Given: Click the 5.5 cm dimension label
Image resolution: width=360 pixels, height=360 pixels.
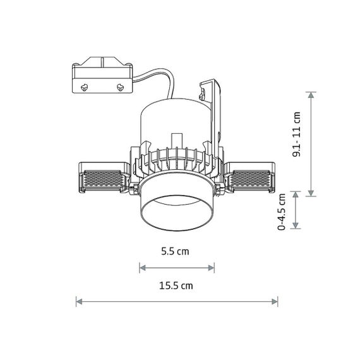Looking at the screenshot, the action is [175, 251].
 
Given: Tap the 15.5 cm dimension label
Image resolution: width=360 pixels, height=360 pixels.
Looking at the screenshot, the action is [176, 286].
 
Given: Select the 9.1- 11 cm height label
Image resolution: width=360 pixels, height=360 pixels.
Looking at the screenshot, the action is [296, 135].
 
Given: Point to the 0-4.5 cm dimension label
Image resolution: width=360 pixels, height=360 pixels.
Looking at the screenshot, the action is [282, 212].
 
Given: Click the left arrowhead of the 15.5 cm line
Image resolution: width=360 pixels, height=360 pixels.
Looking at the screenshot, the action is [79, 301].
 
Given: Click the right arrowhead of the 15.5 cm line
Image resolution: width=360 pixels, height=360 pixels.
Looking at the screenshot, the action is [275, 301].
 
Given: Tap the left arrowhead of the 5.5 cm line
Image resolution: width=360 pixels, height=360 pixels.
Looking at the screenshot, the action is [143, 268].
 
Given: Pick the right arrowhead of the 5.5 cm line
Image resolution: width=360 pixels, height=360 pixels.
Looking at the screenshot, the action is [211, 268].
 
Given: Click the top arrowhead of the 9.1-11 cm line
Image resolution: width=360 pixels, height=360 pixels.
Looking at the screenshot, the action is [311, 95].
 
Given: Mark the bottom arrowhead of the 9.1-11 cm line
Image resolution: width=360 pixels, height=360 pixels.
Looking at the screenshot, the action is [311, 193].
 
